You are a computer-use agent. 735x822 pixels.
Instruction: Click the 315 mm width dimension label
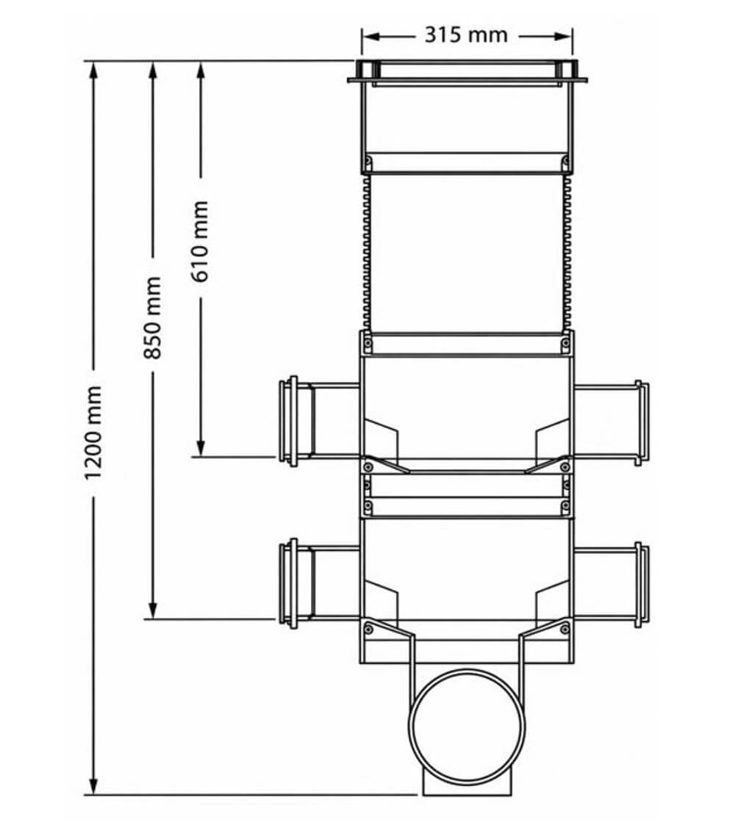pyautogui.click(x=466, y=35)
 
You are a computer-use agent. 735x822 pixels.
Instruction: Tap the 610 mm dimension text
pyautogui.click(x=199, y=242)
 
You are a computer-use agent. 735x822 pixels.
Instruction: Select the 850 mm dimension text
pyautogui.click(x=152, y=317)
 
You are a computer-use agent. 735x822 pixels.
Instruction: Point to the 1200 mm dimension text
pyautogui.click(x=93, y=433)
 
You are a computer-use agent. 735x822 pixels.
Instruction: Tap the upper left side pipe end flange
pyautogui.click(x=288, y=421)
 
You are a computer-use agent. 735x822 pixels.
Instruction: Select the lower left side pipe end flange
pyautogui.click(x=288, y=583)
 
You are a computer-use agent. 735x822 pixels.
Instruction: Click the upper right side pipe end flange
pyautogui.click(x=642, y=422)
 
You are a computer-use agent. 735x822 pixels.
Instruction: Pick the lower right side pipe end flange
pyautogui.click(x=642, y=585)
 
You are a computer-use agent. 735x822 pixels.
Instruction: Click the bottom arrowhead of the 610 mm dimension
pyautogui.click(x=200, y=447)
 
